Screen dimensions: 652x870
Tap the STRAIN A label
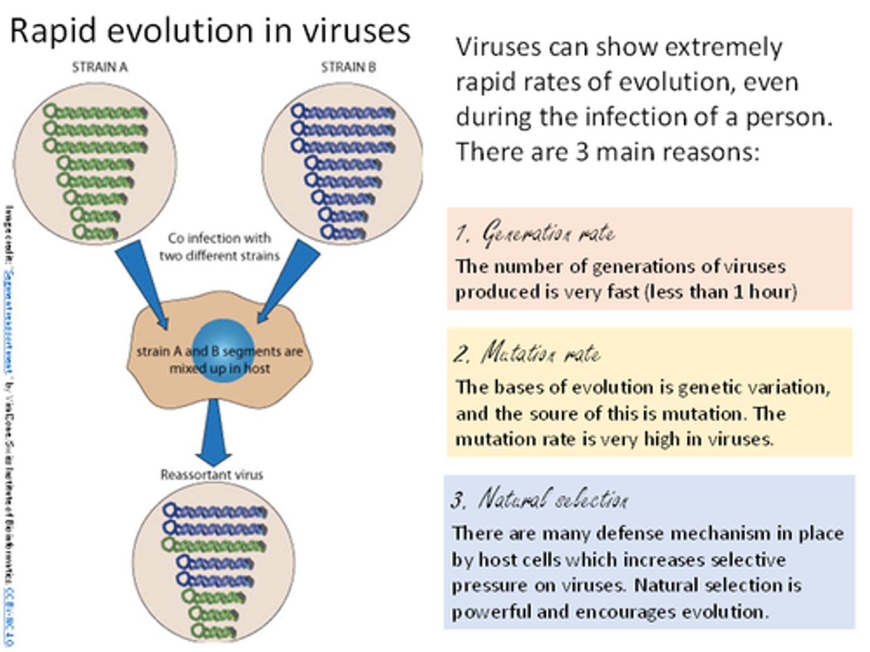click(100, 67)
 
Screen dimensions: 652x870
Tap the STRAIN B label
click(348, 67)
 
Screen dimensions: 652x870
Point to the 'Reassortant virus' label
click(211, 475)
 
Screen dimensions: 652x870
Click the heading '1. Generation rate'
click(535, 233)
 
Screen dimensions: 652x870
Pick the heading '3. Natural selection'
click(540, 499)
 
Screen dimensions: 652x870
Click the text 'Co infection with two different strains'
click(219, 247)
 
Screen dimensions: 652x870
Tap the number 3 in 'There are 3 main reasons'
click(581, 152)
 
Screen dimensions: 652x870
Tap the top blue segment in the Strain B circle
click(343, 112)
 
